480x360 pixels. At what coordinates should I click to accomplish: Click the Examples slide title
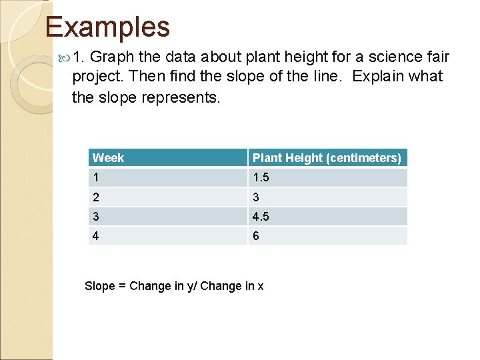click(x=107, y=27)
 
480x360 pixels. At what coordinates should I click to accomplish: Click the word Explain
click(x=377, y=77)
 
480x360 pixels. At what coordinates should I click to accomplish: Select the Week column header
click(x=109, y=158)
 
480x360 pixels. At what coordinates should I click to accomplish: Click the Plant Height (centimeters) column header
click(x=327, y=158)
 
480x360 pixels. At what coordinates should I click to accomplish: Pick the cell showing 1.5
click(x=261, y=178)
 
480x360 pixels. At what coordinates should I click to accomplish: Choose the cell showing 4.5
click(x=261, y=217)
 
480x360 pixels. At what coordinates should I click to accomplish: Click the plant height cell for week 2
click(x=256, y=197)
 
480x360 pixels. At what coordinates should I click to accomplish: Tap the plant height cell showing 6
click(x=256, y=236)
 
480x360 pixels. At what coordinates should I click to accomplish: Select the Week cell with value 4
click(x=97, y=236)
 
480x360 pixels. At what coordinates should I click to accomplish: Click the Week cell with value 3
click(x=97, y=217)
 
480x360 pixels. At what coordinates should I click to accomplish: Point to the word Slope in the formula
click(x=100, y=286)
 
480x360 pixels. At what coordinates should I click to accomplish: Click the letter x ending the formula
click(x=261, y=287)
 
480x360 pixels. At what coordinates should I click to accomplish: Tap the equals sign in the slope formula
click(x=123, y=286)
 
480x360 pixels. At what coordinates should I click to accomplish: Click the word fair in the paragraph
click(x=437, y=57)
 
